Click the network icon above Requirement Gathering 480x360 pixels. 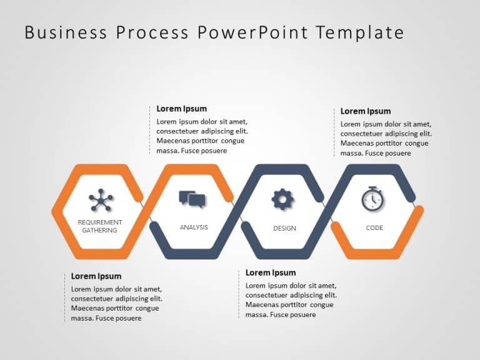(100, 200)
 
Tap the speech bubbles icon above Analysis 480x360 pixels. (192, 199)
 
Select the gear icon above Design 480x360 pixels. (282, 199)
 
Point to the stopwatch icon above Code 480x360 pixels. (373, 199)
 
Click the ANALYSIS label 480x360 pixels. (194, 227)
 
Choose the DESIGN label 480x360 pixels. (284, 228)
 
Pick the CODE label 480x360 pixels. (374, 227)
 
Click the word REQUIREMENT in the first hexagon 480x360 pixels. (100, 222)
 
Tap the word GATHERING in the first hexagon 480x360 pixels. (100, 230)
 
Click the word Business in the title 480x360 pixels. (66, 32)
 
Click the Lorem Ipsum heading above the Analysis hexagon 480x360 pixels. (181, 109)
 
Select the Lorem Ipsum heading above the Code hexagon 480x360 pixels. (366, 111)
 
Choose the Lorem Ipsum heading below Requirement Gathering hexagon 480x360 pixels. (96, 276)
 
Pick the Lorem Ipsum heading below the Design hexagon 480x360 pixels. (271, 272)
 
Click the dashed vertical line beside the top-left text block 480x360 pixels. (150, 129)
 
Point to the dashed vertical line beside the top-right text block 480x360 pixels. (334, 132)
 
